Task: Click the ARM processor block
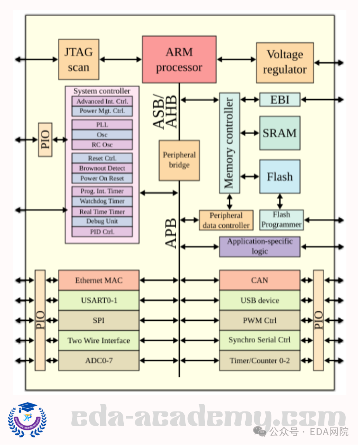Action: pos(179,59)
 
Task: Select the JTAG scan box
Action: pos(78,59)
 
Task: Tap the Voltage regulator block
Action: pos(285,62)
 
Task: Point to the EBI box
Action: pos(280,100)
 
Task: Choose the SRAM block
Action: pos(280,133)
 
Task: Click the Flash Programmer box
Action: pos(281,220)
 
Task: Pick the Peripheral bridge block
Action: pos(179,160)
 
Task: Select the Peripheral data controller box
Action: pos(226,220)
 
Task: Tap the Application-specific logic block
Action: pos(260,246)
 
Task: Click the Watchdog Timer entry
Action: pos(102,201)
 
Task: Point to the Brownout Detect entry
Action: pos(102,168)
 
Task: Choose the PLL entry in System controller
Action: pos(102,125)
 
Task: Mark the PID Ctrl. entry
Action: pos(102,232)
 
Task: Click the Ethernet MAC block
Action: pos(99,280)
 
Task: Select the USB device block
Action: pos(260,300)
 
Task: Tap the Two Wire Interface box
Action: pos(99,341)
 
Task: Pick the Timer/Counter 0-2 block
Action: pos(260,361)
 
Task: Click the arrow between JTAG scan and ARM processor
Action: pos(120,59)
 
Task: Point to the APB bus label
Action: pos(171,233)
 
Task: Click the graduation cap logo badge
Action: pos(27,420)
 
